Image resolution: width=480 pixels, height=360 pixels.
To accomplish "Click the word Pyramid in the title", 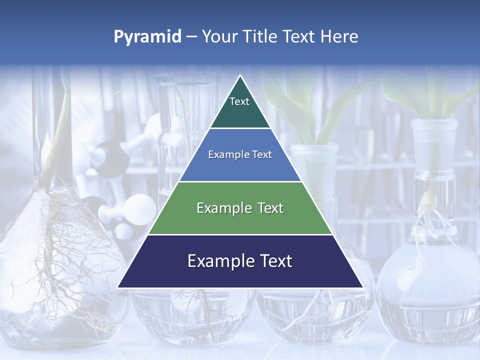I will [x=147, y=37].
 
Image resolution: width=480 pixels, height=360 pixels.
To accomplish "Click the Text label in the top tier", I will [x=239, y=101].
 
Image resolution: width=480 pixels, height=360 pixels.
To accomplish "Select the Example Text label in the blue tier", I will [x=240, y=154].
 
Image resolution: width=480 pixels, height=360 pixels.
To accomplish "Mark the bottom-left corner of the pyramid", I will [x=117, y=287].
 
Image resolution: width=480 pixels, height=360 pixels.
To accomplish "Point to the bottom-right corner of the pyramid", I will [x=363, y=287].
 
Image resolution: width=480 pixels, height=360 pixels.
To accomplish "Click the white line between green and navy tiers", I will [x=240, y=234].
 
